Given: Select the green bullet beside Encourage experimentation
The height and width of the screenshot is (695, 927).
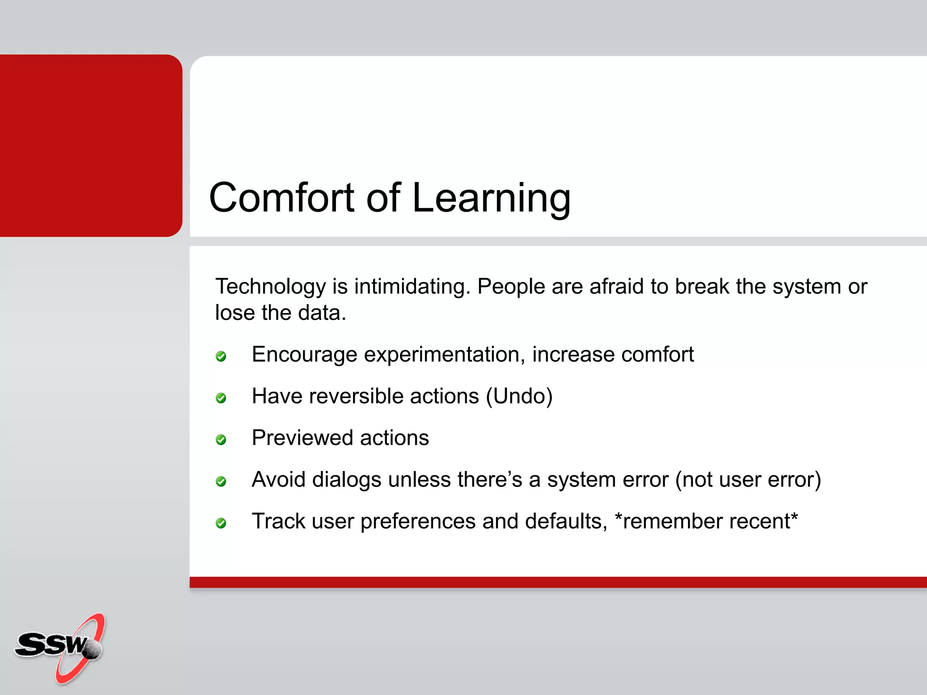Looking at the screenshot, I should [x=221, y=357].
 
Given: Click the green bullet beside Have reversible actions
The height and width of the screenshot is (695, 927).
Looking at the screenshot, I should [x=221, y=398].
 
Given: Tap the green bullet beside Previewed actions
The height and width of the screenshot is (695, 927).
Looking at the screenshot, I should [x=221, y=440].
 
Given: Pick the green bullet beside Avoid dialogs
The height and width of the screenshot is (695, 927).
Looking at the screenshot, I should [x=221, y=481].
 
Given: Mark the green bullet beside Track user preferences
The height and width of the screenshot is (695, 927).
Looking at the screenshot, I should [x=221, y=524].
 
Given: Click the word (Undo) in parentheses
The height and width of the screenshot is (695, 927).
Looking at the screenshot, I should [x=519, y=396].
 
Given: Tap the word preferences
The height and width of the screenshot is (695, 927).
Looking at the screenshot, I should [x=417, y=522].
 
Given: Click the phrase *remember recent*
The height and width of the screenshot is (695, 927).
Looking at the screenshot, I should [x=706, y=521].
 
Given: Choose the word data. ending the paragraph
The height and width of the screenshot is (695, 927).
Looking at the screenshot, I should [x=325, y=313].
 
